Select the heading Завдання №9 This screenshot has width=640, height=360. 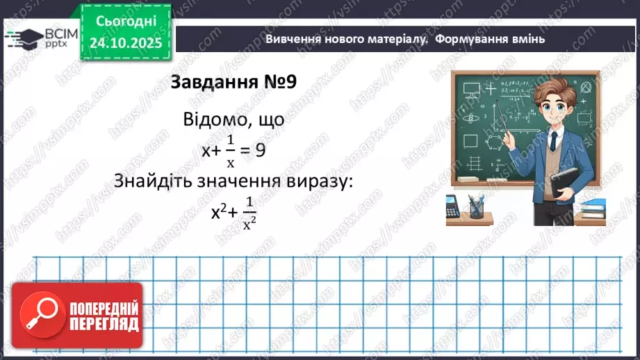coord(233,81)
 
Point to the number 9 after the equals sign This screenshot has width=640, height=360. coord(260,150)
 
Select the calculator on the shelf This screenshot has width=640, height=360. coord(453,206)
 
